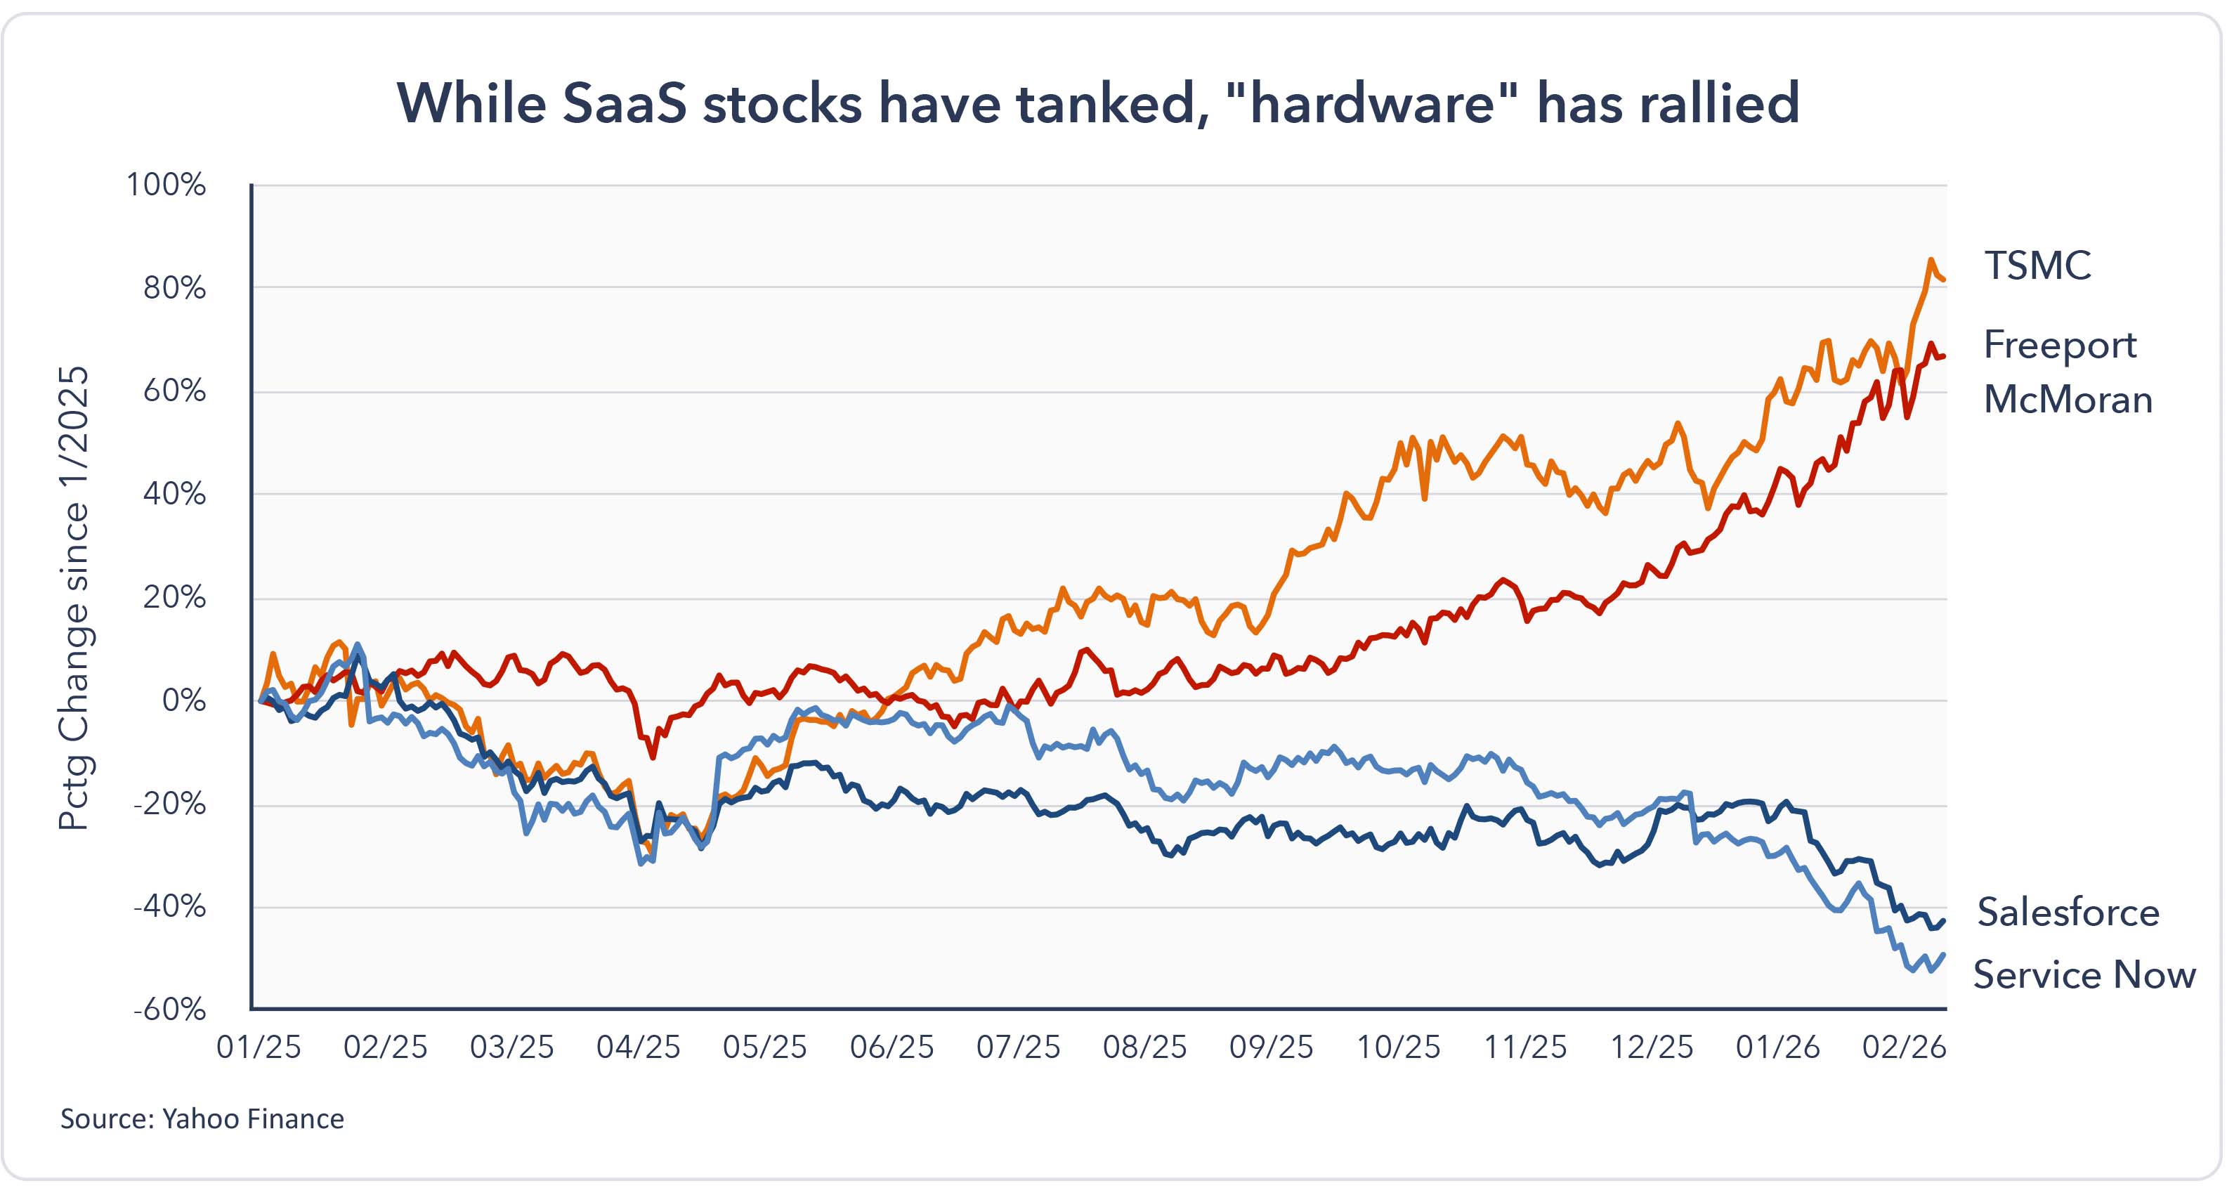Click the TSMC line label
pyautogui.click(x=2037, y=266)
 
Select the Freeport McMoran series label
pyautogui.click(x=2066, y=372)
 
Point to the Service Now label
pyautogui.click(x=2084, y=974)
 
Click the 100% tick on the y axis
pyautogui.click(x=166, y=184)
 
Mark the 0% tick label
pyautogui.click(x=183, y=700)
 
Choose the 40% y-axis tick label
pyautogui.click(x=175, y=494)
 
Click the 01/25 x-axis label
pyautogui.click(x=259, y=1047)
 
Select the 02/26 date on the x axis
pyautogui.click(x=1904, y=1047)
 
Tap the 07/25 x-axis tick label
pyautogui.click(x=1017, y=1047)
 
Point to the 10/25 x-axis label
pyautogui.click(x=1398, y=1047)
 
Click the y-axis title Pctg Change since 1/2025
pyautogui.click(x=74, y=596)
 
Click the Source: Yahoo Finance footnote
pyautogui.click(x=202, y=1119)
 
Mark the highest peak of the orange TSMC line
pyautogui.click(x=1930, y=259)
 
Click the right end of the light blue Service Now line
pyautogui.click(x=1943, y=955)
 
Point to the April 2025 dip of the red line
pyautogui.click(x=652, y=757)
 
